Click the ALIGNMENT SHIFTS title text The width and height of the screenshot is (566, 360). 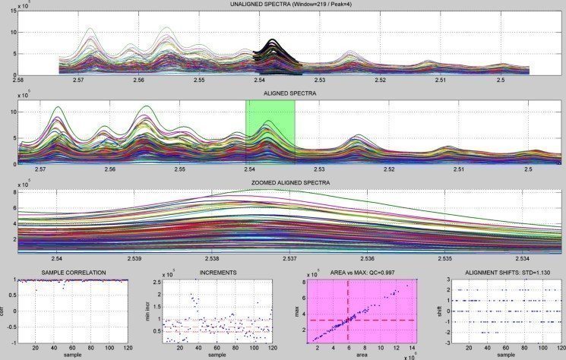click(x=505, y=272)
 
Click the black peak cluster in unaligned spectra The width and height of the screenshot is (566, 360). click(x=277, y=56)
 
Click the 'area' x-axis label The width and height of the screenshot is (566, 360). click(x=361, y=354)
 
